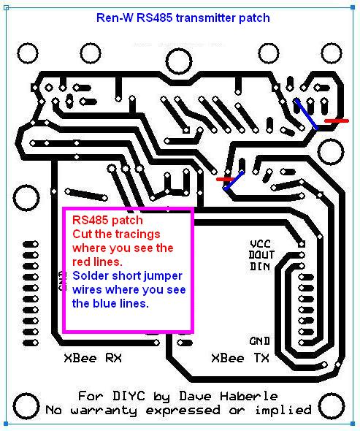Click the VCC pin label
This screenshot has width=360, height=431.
coord(260,244)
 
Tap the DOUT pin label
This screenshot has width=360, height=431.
coord(261,255)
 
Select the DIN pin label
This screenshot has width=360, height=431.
coord(260,267)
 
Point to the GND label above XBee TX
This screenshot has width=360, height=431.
coord(260,341)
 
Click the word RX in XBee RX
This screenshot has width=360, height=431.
coord(113,358)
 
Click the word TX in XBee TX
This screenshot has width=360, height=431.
coord(261,358)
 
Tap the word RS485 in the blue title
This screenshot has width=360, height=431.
coord(155,18)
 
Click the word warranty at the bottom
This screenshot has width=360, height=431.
coord(104,411)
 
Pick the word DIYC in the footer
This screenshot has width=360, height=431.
coord(129,396)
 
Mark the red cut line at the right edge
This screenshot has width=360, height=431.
coord(337,121)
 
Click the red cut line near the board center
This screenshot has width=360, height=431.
coord(226,180)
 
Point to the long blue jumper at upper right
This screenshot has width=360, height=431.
coord(306,114)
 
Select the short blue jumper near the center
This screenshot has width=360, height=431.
coord(234,180)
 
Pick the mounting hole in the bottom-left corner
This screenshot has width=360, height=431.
coord(26,405)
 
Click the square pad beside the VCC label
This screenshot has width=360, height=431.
coord(302,244)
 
